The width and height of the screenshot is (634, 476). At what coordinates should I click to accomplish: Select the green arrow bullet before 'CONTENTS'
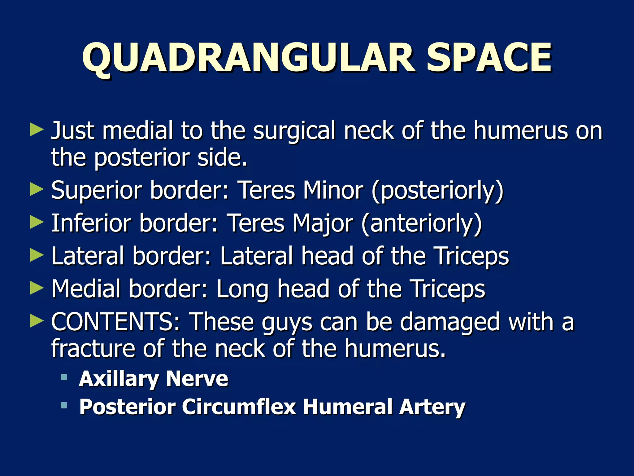click(37, 321)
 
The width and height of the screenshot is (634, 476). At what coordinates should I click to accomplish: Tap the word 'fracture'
click(93, 348)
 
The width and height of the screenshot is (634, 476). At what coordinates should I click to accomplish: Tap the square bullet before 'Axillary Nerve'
click(64, 377)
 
